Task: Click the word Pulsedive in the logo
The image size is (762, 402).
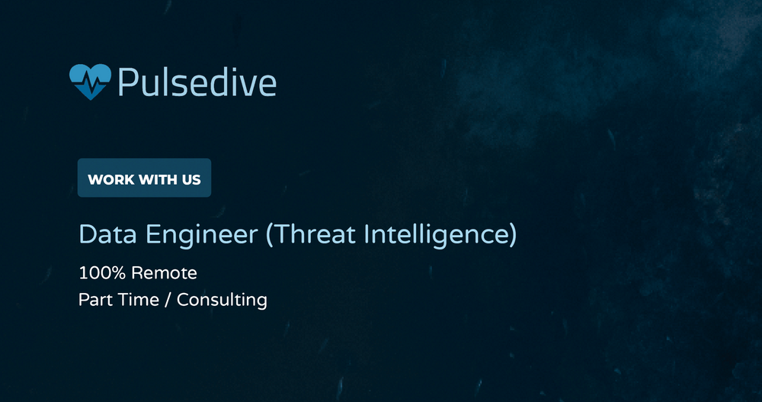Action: coord(197,82)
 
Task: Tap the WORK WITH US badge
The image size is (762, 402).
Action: coord(144,178)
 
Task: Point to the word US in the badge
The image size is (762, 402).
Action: coord(191,180)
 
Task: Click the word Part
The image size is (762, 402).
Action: coord(94,299)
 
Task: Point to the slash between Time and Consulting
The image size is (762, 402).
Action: coord(168,299)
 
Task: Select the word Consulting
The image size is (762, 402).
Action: coord(222,300)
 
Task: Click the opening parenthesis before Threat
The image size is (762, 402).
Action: coord(270,235)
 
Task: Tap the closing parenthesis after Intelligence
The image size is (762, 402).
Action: coord(512,235)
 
